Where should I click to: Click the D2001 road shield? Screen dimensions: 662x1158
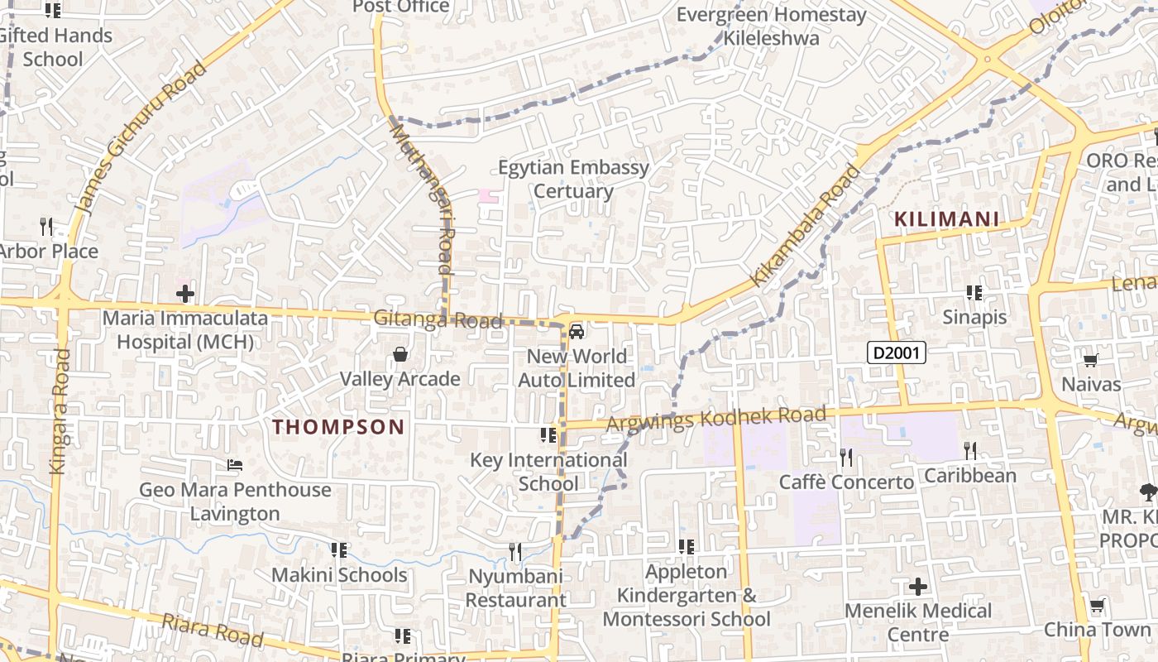coord(897,353)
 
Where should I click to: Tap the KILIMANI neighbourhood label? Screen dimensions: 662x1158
coord(946,220)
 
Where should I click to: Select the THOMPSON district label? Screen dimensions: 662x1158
coord(339,427)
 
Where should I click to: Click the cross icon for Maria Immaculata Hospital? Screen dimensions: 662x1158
coord(185,294)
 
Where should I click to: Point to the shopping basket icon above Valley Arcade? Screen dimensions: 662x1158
coord(400,355)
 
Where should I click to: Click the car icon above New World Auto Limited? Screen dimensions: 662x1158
coord(577,332)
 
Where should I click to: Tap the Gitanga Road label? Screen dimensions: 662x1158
coord(438,319)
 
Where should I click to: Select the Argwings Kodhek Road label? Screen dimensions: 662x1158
coord(715,419)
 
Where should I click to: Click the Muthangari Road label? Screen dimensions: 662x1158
coord(423,199)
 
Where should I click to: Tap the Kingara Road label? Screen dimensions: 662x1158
coord(60,411)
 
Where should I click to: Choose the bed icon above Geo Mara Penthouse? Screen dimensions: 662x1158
coord(235,466)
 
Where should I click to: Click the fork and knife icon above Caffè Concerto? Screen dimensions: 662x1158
coord(846,457)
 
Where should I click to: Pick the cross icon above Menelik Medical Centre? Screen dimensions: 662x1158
coord(918,587)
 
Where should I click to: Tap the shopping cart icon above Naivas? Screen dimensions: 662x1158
coord(1090,360)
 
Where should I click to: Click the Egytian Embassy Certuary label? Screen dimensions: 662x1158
coord(573,180)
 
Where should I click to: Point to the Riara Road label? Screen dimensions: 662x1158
coord(213,630)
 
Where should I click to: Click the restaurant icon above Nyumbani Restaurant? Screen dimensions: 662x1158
coord(515,551)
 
